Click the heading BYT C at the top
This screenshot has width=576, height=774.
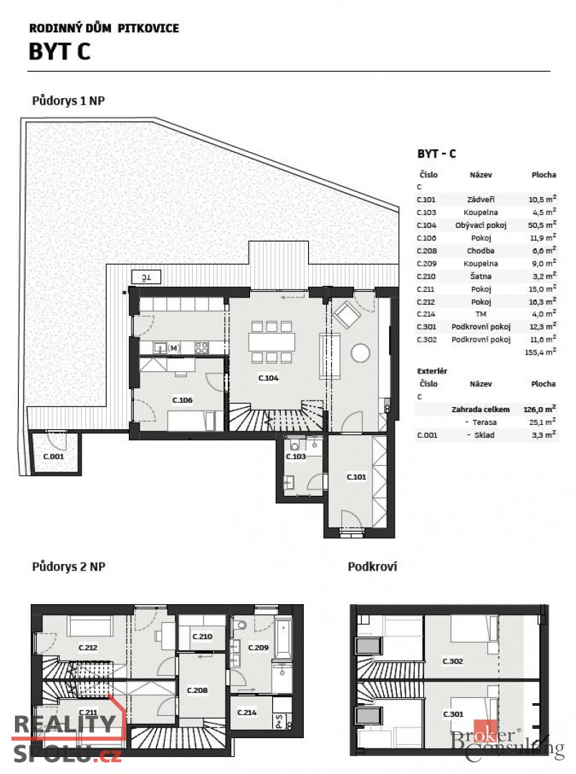(59, 52)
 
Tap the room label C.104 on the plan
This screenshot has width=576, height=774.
(268, 377)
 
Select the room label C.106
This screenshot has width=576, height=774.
(183, 401)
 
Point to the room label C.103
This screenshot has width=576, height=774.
(296, 457)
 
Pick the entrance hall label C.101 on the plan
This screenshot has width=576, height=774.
(356, 477)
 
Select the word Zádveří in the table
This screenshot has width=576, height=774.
(481, 200)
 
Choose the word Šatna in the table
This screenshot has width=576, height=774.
(481, 276)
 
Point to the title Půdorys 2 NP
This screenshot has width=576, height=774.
(69, 567)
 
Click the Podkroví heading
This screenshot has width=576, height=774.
(373, 567)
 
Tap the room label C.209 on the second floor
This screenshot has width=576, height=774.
(258, 648)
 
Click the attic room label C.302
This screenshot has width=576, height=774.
(452, 661)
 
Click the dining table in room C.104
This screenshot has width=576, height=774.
(272, 342)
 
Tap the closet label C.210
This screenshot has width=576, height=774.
(203, 636)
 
